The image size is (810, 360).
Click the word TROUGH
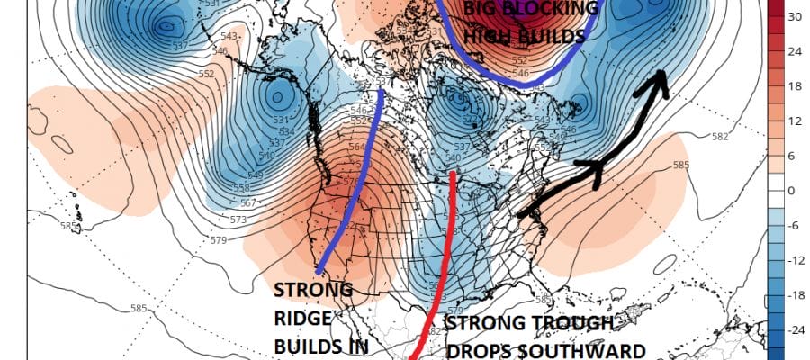click(x=571, y=323)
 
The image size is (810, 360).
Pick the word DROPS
click(x=482, y=349)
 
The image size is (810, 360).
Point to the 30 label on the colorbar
click(x=795, y=16)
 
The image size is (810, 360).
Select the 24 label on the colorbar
click(x=795, y=51)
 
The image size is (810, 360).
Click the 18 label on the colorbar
click(x=795, y=85)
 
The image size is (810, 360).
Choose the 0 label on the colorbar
click(x=792, y=191)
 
